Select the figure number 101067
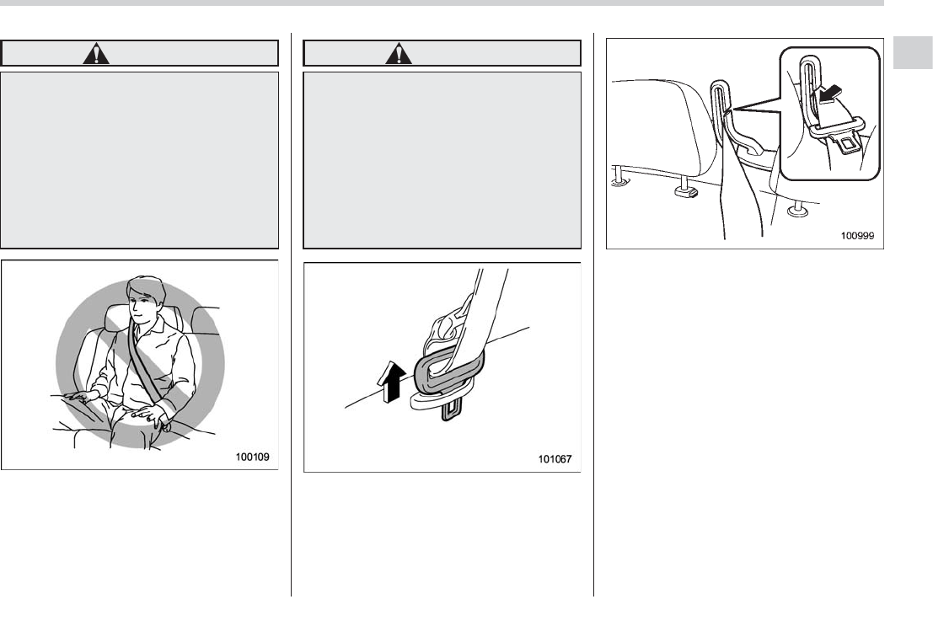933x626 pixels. tap(557, 458)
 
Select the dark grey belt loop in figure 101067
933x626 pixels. tap(444, 371)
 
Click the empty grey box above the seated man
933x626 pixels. tap(140, 160)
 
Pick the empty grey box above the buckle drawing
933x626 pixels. tap(442, 160)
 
